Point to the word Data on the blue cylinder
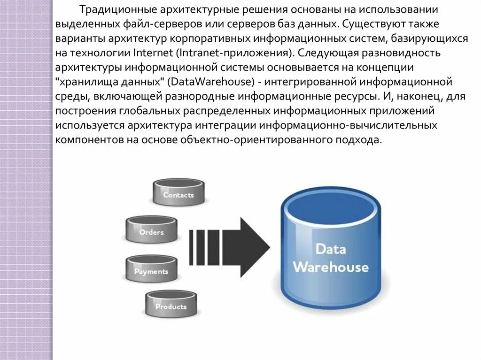pos(330,249)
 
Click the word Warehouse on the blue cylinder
pos(330,268)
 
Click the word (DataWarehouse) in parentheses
pos(212,82)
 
